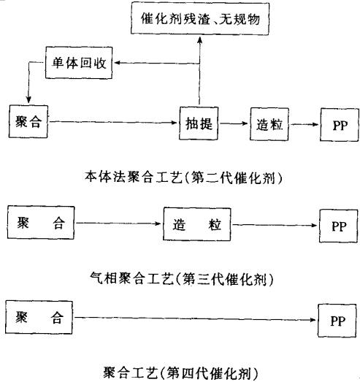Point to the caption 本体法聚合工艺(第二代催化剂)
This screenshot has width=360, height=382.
[184, 177]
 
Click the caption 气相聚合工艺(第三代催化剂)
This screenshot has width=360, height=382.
[182, 278]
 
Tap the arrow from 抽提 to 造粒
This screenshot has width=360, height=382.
[233, 123]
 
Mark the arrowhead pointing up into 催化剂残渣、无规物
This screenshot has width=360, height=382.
[200, 40]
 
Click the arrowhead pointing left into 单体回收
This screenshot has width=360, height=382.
[118, 63]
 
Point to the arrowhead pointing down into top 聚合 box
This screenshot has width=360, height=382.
[28, 100]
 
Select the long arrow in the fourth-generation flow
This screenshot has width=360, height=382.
[195, 318]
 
